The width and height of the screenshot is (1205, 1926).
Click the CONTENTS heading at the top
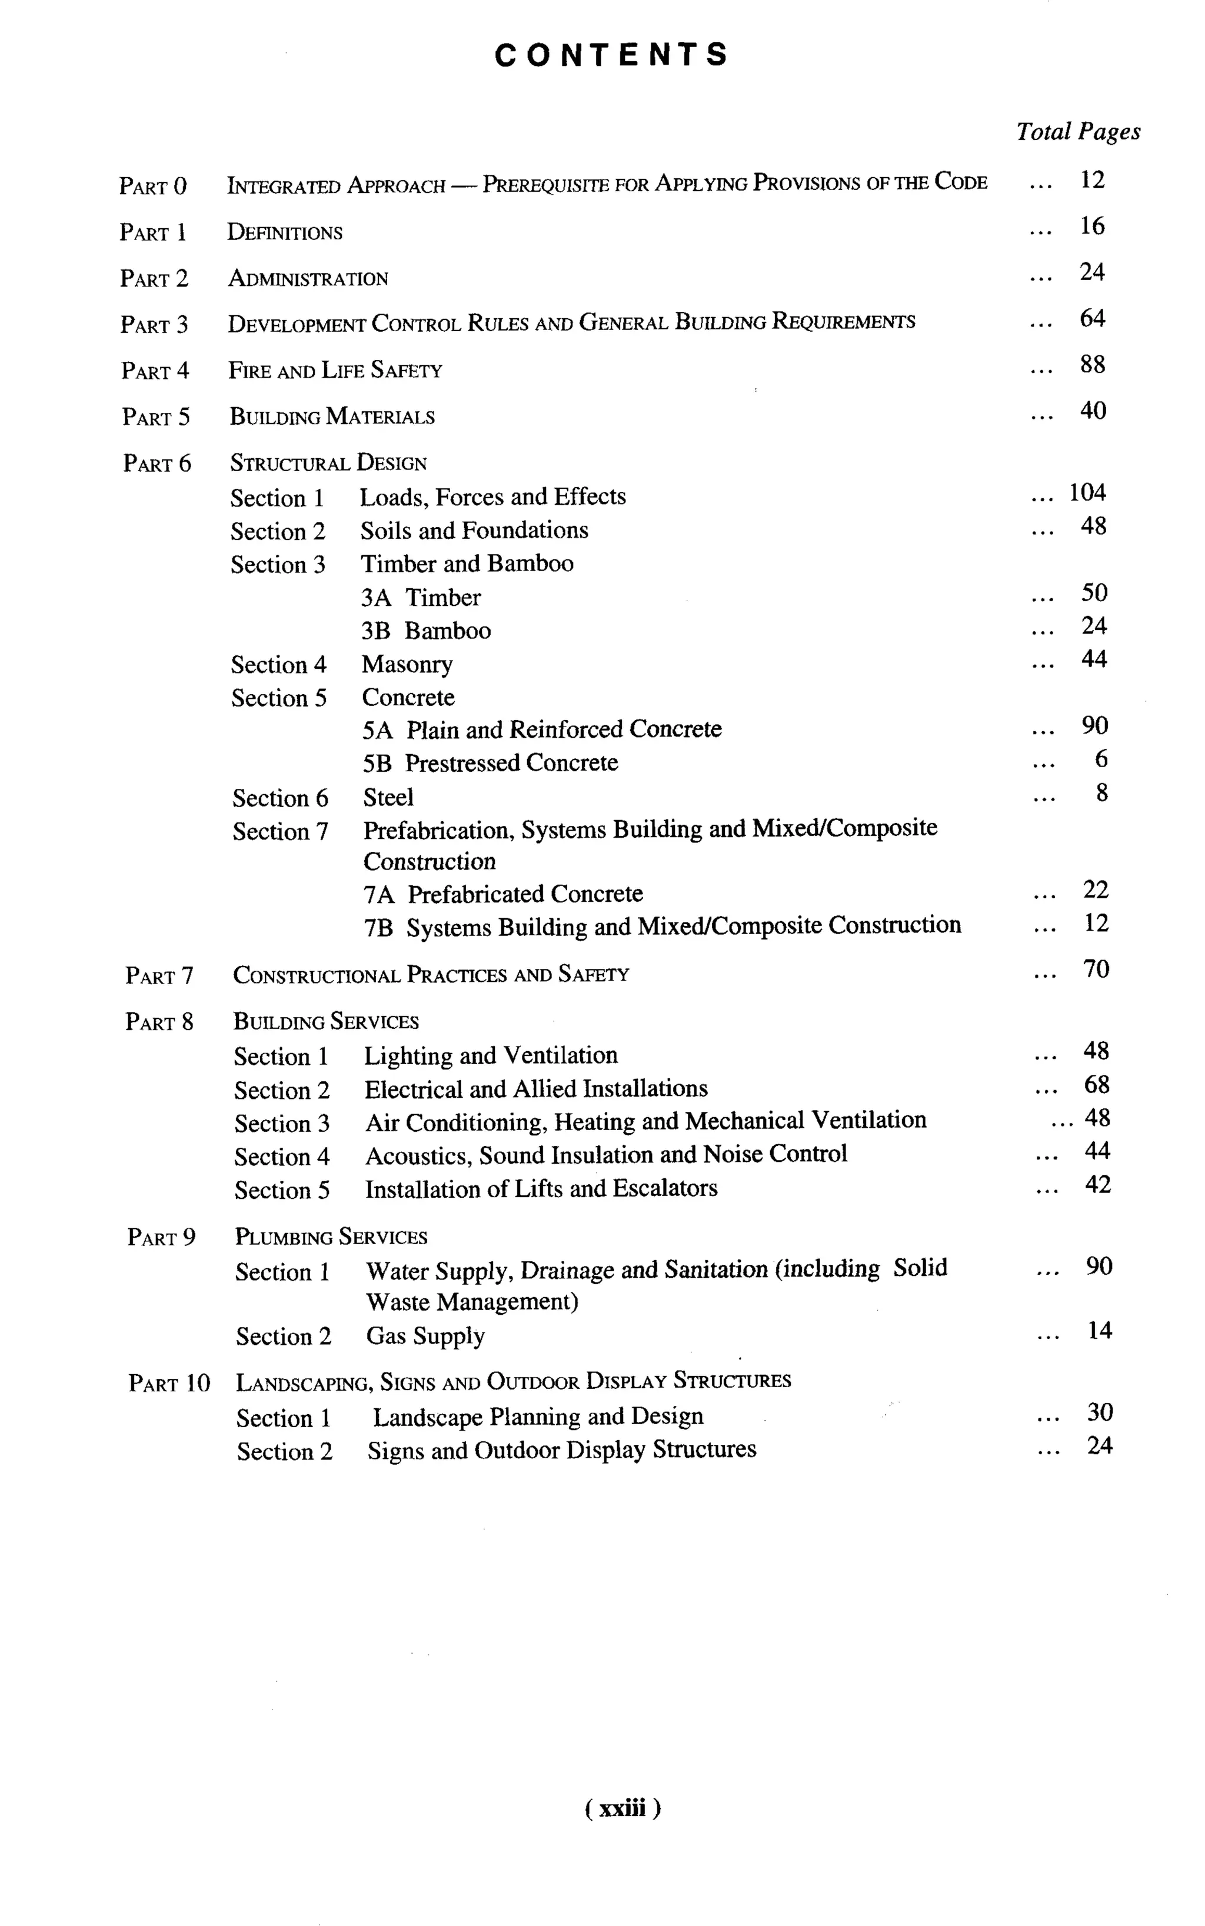611,55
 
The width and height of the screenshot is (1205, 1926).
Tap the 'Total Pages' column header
1077,132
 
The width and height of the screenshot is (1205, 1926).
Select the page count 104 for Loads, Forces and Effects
1087,492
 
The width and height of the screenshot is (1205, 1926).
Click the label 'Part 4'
155,371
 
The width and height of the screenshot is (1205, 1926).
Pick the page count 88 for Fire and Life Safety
1092,365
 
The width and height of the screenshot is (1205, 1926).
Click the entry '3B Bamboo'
425,631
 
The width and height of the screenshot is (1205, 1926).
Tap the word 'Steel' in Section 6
388,798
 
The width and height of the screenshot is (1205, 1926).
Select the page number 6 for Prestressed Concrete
1101,759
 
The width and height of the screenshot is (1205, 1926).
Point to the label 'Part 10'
169,1382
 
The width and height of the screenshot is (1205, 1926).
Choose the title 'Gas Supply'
425,1335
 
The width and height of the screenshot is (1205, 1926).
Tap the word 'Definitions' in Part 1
285,233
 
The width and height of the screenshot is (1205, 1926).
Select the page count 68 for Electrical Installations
1097,1085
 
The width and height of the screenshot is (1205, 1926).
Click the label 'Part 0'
153,186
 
